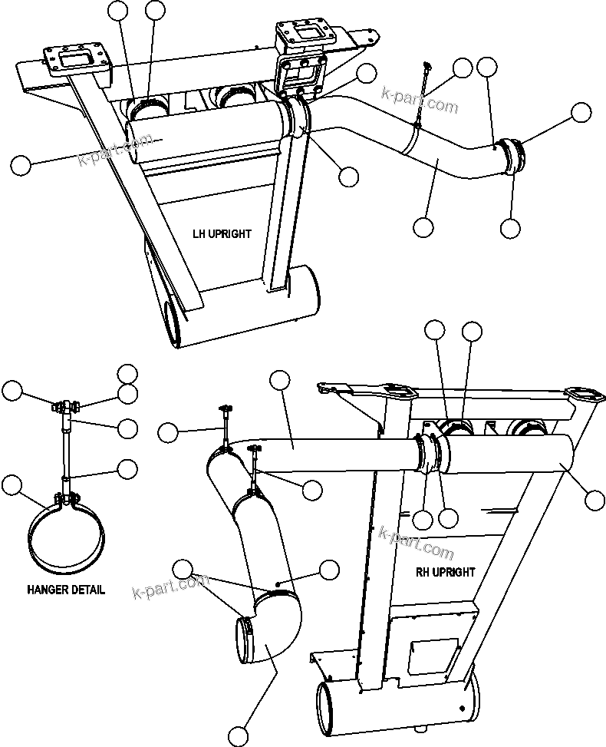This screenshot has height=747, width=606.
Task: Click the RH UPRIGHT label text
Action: (446, 572)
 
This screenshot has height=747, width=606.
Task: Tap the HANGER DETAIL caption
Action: (66, 590)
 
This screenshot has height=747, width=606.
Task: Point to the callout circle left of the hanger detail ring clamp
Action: (12, 485)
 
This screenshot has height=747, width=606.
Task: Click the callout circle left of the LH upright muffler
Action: (21, 164)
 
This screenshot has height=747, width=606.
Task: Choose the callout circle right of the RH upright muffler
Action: (594, 500)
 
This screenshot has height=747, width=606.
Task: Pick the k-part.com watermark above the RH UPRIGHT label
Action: (416, 540)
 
